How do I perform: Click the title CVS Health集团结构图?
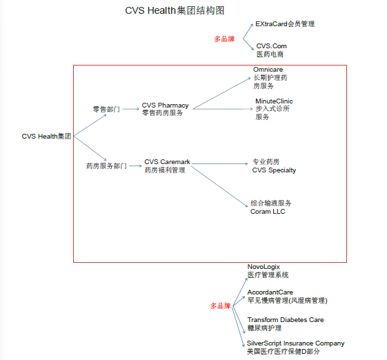click(x=175, y=10)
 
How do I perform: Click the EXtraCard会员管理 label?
click(x=285, y=24)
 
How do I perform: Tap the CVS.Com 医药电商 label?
click(x=271, y=50)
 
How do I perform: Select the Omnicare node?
click(x=270, y=78)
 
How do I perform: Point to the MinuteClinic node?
click(x=274, y=109)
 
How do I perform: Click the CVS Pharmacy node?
click(x=165, y=109)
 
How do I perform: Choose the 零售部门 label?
click(x=106, y=109)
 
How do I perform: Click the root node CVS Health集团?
click(x=46, y=136)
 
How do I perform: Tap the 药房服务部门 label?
click(x=106, y=166)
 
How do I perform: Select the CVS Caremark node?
click(x=167, y=166)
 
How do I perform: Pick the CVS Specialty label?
click(x=274, y=166)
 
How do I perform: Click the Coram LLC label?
click(x=270, y=208)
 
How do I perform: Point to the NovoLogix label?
click(x=268, y=271)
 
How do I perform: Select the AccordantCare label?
click(x=287, y=297)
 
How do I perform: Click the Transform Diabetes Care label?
click(x=286, y=324)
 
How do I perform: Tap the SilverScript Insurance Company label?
click(x=296, y=347)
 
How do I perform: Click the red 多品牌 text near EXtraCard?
click(x=224, y=39)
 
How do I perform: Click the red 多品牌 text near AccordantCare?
click(x=220, y=306)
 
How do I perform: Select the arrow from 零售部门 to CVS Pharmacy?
click(x=131, y=109)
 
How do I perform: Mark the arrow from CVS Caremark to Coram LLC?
click(x=219, y=186)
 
